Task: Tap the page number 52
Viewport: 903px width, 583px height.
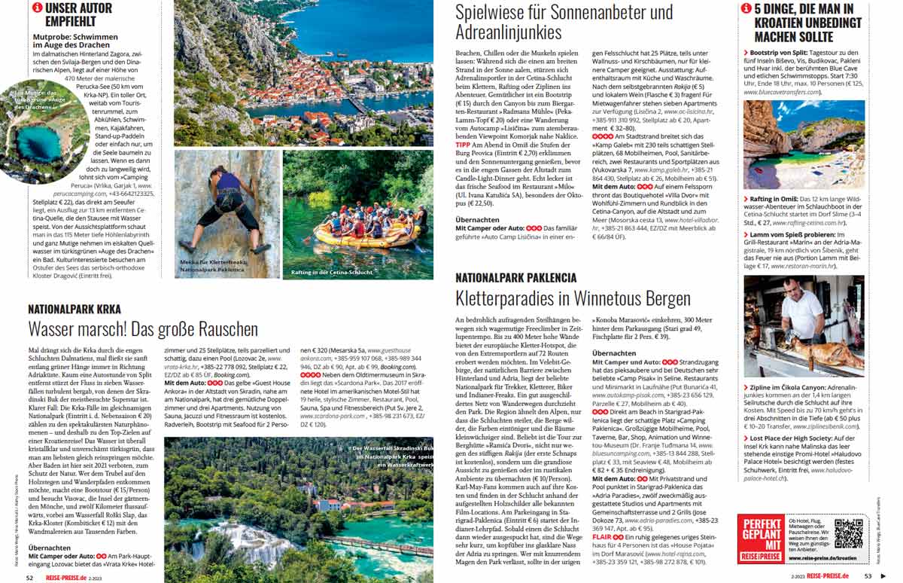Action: (x=29, y=577)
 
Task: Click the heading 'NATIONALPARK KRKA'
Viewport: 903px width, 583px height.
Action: (x=74, y=309)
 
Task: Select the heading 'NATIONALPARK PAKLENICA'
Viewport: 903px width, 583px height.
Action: (x=515, y=278)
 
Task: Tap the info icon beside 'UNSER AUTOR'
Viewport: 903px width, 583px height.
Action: (x=37, y=8)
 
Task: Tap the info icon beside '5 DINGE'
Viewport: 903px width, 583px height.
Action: (x=746, y=8)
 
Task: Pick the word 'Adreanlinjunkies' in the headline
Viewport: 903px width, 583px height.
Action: (x=509, y=32)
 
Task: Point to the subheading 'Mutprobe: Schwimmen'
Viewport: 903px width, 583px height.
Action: (x=75, y=37)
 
